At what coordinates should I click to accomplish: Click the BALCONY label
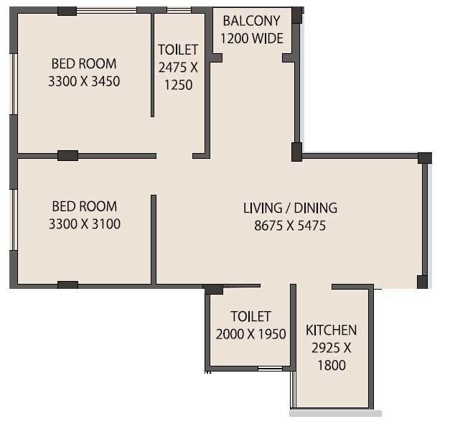coord(252,21)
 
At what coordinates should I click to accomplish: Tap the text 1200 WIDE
coord(252,38)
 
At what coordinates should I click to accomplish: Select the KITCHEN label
coord(331,331)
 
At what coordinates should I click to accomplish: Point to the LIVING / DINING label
coord(290,208)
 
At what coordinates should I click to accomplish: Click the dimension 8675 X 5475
coord(290,225)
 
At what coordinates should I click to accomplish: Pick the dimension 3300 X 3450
coord(84,81)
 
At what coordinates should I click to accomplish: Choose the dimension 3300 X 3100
coord(84,224)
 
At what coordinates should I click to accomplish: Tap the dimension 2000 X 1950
coord(250,334)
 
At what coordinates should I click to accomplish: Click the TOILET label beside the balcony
coord(178,50)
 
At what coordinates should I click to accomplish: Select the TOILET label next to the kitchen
coord(250,317)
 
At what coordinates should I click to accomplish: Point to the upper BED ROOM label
coord(84,64)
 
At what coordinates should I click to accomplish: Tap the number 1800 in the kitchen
coord(331,365)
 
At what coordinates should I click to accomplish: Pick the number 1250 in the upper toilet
coord(178,84)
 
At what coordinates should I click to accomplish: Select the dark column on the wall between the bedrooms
coord(67,155)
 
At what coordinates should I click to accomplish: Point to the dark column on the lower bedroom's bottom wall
coord(67,285)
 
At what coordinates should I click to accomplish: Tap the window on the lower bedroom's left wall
coord(13,219)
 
